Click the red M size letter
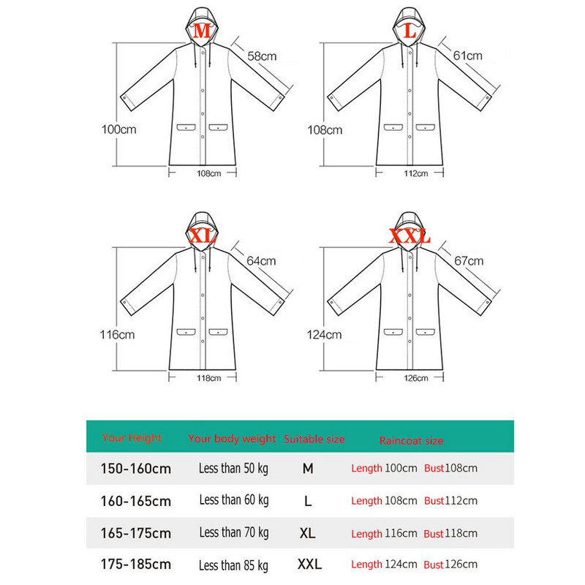(x=202, y=31)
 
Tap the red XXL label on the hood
(x=409, y=236)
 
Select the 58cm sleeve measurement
(x=262, y=56)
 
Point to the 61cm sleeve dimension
(x=467, y=56)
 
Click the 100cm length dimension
(x=118, y=129)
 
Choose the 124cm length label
(x=324, y=335)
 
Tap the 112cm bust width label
(x=415, y=173)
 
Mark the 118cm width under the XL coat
(x=209, y=378)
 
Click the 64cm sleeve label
(x=261, y=261)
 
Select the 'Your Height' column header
(x=132, y=437)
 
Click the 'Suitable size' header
(x=314, y=439)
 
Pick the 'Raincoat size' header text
(x=411, y=441)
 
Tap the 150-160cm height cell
(x=136, y=469)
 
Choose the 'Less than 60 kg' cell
(x=234, y=500)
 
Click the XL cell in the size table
(x=308, y=533)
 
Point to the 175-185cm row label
(x=136, y=564)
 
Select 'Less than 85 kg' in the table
(x=233, y=565)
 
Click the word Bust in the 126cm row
(x=434, y=565)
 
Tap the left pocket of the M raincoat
(x=186, y=127)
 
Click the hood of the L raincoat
(x=409, y=26)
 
